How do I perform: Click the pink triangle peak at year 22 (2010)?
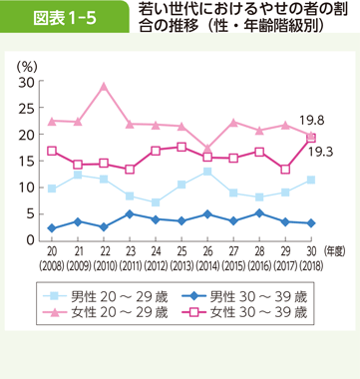(x=104, y=86)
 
